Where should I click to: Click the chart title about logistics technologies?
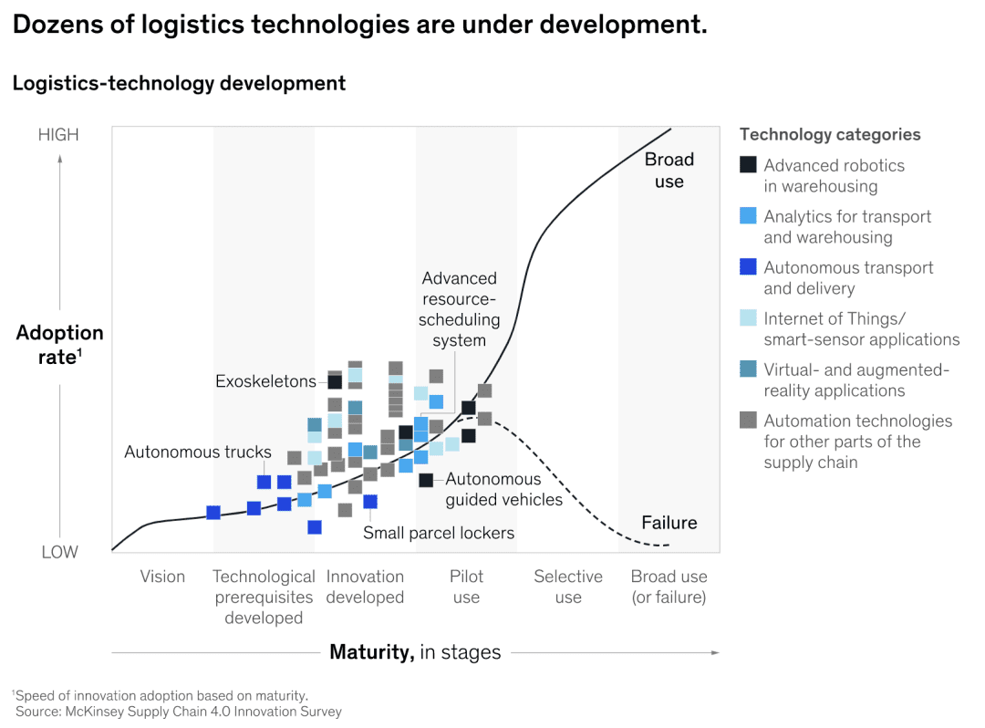pyautogui.click(x=359, y=25)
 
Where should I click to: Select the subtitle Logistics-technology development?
pyautogui.click(x=179, y=83)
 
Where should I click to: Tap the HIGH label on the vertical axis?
pyautogui.click(x=58, y=135)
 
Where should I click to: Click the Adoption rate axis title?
pyautogui.click(x=59, y=344)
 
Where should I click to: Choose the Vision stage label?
pyautogui.click(x=162, y=577)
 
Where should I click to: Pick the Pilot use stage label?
pyautogui.click(x=466, y=587)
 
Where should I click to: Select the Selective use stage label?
pyautogui.click(x=568, y=587)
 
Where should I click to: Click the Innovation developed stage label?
pyautogui.click(x=365, y=587)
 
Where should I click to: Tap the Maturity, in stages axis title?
pyautogui.click(x=415, y=652)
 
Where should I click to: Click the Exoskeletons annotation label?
pyautogui.click(x=265, y=381)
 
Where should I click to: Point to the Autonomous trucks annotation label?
pyautogui.click(x=198, y=452)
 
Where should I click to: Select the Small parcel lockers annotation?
pyautogui.click(x=439, y=533)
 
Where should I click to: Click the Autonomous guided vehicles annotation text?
pyautogui.click(x=503, y=489)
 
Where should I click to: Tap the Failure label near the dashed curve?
pyautogui.click(x=669, y=523)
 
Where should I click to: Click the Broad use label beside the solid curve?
pyautogui.click(x=669, y=171)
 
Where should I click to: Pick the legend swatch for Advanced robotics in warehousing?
pyautogui.click(x=748, y=165)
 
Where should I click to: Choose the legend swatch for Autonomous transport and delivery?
pyautogui.click(x=748, y=267)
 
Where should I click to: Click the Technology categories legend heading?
pyautogui.click(x=830, y=134)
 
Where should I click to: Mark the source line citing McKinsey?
pyautogui.click(x=178, y=712)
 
